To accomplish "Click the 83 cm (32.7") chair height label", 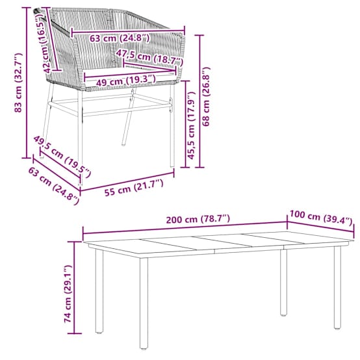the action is click(x=18, y=83).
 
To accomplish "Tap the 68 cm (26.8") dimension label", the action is click(x=206, y=96).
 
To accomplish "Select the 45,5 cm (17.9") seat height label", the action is click(x=191, y=125).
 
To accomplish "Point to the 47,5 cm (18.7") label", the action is click(x=149, y=57).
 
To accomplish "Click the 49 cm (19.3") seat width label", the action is click(x=125, y=81).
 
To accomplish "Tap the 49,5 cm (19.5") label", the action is click(x=62, y=157).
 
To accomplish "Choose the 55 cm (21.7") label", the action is click(x=134, y=188).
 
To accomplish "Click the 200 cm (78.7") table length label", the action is click(x=198, y=219).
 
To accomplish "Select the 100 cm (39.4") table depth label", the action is click(x=321, y=217).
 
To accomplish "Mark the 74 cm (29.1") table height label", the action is click(x=68, y=294).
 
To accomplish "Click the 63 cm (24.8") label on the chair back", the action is click(x=120, y=38).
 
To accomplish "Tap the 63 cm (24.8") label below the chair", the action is click(x=53, y=185).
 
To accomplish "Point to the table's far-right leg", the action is click(x=337, y=287).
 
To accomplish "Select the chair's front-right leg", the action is click(x=172, y=125).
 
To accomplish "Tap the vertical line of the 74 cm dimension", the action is click(x=74, y=287).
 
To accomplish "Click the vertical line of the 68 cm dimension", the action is click(x=199, y=101).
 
